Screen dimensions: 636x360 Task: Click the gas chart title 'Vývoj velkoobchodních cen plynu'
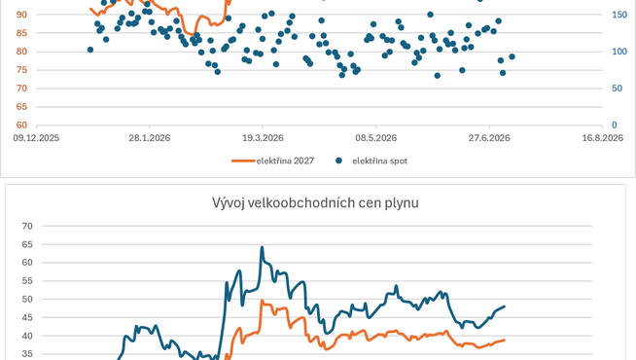tap(315, 202)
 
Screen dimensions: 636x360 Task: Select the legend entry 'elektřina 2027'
tap(272, 161)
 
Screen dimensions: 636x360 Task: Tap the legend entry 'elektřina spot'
tap(371, 161)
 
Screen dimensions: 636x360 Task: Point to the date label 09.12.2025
tap(36, 138)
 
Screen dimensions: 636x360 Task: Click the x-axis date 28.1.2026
tap(149, 138)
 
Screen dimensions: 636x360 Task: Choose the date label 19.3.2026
tap(263, 138)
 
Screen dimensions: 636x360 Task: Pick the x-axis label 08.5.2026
tap(376, 138)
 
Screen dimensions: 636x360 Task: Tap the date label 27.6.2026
tap(489, 138)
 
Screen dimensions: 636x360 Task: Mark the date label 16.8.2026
tap(602, 138)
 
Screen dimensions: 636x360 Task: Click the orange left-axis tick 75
tap(21, 70)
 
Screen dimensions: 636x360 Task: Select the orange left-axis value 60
tap(21, 125)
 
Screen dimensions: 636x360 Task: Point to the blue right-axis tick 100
tap(619, 52)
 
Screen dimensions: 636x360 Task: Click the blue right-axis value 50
tap(617, 89)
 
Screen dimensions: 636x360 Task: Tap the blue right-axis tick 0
tap(614, 125)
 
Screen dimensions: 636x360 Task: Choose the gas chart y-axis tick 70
tap(27, 226)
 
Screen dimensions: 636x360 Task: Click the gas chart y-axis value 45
tap(27, 317)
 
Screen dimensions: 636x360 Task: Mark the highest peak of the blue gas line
tap(262, 247)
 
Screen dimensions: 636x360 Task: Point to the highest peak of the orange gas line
tap(262, 301)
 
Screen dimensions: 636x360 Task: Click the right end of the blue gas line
tap(505, 306)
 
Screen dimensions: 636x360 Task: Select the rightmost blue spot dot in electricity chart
tap(512, 56)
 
